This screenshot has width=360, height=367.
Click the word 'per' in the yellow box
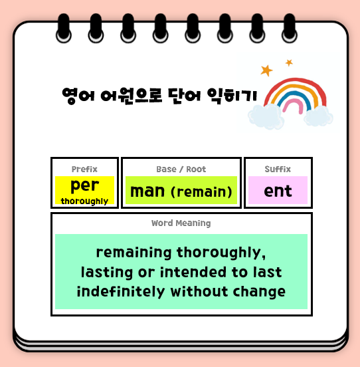pyautogui.click(x=84, y=185)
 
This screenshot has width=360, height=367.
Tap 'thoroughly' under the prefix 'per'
pyautogui.click(x=84, y=201)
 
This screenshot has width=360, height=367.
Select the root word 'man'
pyautogui.click(x=147, y=191)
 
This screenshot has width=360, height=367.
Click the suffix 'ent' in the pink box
pyautogui.click(x=278, y=191)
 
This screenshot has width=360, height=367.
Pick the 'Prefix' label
pyautogui.click(x=84, y=170)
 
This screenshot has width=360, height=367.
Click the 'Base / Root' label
pyautogui.click(x=181, y=170)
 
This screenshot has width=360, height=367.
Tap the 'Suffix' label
pyautogui.click(x=278, y=170)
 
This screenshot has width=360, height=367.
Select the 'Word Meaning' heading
pyautogui.click(x=181, y=223)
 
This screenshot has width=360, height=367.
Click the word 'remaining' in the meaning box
pyautogui.click(x=134, y=253)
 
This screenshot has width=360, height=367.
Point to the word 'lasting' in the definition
pyautogui.click(x=106, y=273)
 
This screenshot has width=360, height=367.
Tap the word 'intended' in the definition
pyautogui.click(x=187, y=273)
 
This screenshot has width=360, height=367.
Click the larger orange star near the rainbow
pyautogui.click(x=266, y=70)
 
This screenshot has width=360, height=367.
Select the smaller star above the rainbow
pyautogui.click(x=289, y=62)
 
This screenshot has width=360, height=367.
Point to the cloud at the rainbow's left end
pyautogui.click(x=264, y=116)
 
